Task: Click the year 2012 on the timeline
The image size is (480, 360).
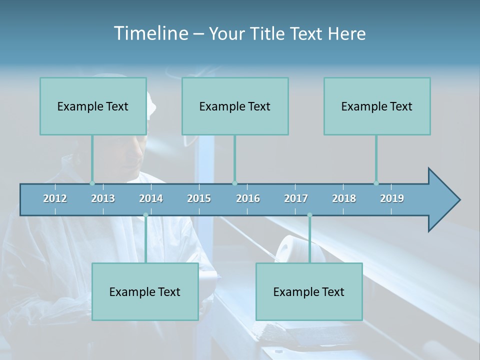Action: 55,198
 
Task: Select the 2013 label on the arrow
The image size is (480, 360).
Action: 103,198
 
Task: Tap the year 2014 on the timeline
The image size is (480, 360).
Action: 151,198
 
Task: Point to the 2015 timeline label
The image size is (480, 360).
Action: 199,198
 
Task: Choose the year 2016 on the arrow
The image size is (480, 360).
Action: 248,198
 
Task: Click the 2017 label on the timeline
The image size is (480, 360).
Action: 296,198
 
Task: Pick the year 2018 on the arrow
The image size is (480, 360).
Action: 344,198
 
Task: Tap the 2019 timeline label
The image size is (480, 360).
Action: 392,198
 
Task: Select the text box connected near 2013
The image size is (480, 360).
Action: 93,106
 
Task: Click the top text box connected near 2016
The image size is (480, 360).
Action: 235,106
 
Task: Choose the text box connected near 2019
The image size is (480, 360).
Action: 377,106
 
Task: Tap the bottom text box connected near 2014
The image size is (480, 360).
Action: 145,291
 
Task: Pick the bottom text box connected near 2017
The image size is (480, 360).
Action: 309,291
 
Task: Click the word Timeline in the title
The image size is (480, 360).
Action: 150,33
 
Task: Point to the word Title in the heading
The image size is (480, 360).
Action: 269,33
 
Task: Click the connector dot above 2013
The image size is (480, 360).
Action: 92,183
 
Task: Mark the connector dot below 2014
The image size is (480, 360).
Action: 145,215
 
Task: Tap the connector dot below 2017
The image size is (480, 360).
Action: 309,215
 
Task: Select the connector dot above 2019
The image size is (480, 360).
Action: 376,183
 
